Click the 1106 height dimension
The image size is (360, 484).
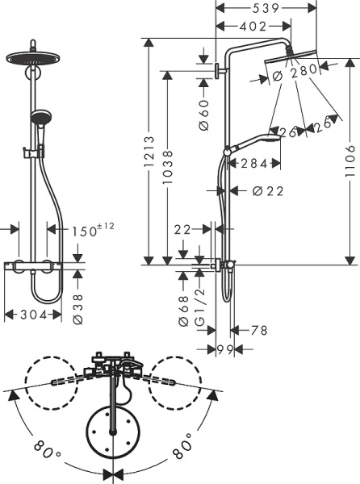(x=350, y=165)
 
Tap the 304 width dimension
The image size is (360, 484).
(x=31, y=314)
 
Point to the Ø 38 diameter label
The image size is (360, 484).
(x=78, y=308)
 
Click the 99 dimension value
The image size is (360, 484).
(x=224, y=349)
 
